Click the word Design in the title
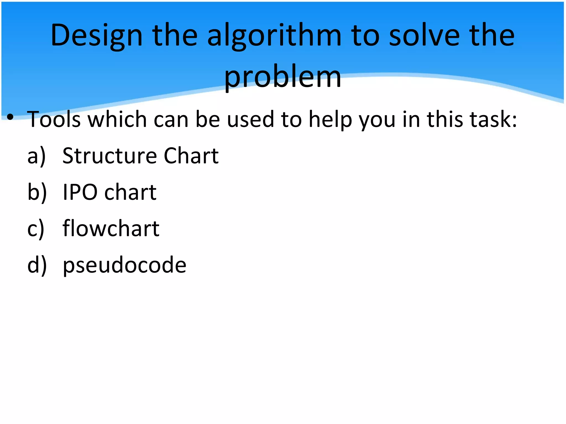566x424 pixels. click(96, 36)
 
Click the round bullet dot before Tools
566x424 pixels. click(11, 117)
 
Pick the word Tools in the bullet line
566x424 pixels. click(54, 119)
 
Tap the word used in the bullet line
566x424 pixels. click(250, 119)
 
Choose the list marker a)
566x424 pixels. click(36, 156)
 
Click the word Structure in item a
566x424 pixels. click(109, 156)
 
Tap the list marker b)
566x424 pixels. click(37, 192)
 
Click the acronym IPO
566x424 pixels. click(80, 192)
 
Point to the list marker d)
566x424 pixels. click(37, 265)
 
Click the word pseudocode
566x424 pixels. click(125, 265)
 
